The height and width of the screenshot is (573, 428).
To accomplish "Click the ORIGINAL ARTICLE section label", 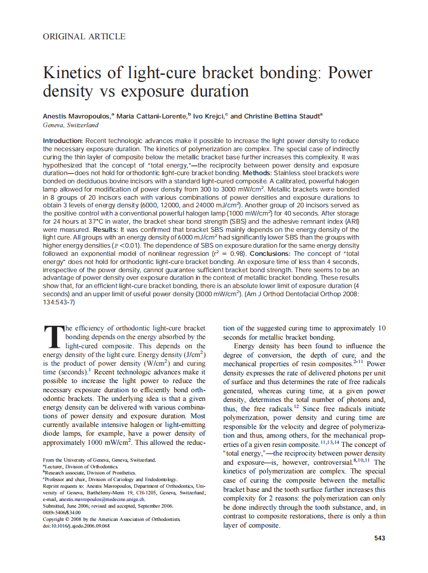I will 84,36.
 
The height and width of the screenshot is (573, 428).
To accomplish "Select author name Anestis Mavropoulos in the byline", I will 77,116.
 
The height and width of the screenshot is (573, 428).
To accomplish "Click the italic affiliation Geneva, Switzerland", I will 71,125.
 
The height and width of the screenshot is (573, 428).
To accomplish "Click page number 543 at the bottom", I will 379,538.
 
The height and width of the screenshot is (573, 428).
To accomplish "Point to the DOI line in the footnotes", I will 77,526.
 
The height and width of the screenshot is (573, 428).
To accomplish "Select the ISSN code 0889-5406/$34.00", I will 62,512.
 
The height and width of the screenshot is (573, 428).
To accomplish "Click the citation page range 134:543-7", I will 59,302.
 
